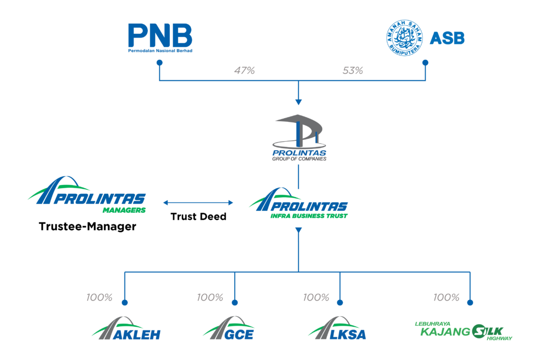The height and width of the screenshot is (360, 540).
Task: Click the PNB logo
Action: pos(160,38)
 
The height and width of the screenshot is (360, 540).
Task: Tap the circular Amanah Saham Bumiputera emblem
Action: pos(403,38)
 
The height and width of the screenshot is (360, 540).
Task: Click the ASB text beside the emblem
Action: pos(447,38)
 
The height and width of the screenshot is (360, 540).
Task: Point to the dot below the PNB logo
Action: pos(160,63)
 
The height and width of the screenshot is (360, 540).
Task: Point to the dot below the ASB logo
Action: pos(426,63)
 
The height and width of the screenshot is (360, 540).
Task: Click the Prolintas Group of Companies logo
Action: pos(299,139)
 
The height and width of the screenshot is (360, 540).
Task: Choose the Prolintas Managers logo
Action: pos(87,195)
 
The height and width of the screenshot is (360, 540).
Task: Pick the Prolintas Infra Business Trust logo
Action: pos(299,203)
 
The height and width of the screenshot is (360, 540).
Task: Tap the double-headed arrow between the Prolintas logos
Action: pos(198,202)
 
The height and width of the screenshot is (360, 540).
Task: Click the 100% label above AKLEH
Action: pos(100,298)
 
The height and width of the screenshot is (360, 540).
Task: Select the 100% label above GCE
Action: pos(210,298)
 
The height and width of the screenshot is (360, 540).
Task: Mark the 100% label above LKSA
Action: pos(316,298)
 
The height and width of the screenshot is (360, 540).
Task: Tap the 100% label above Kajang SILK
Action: pos(446,298)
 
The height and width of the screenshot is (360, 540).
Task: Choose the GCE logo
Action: pos(229,329)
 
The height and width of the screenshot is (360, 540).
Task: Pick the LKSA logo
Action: pos(337,329)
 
